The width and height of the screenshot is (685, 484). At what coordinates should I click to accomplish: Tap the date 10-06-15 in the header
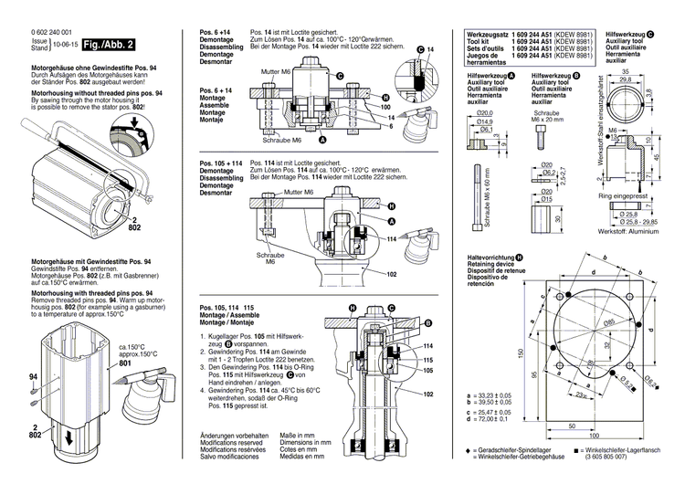click(x=65, y=44)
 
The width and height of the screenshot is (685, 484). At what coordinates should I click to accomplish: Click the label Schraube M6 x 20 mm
click(x=554, y=118)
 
